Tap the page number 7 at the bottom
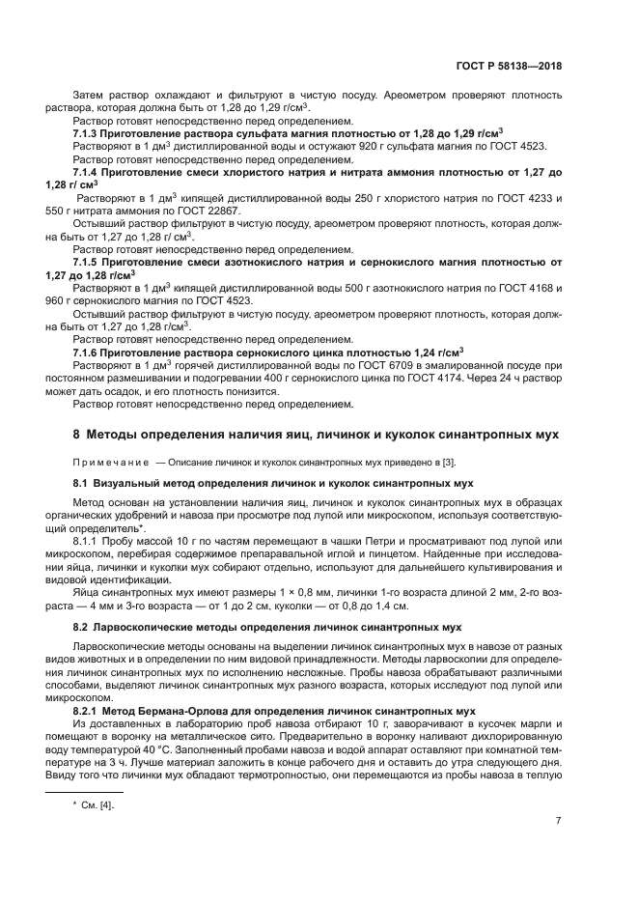(x=558, y=821)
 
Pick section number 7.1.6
(x=89, y=351)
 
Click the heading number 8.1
(x=81, y=482)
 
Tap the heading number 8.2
(x=81, y=627)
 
